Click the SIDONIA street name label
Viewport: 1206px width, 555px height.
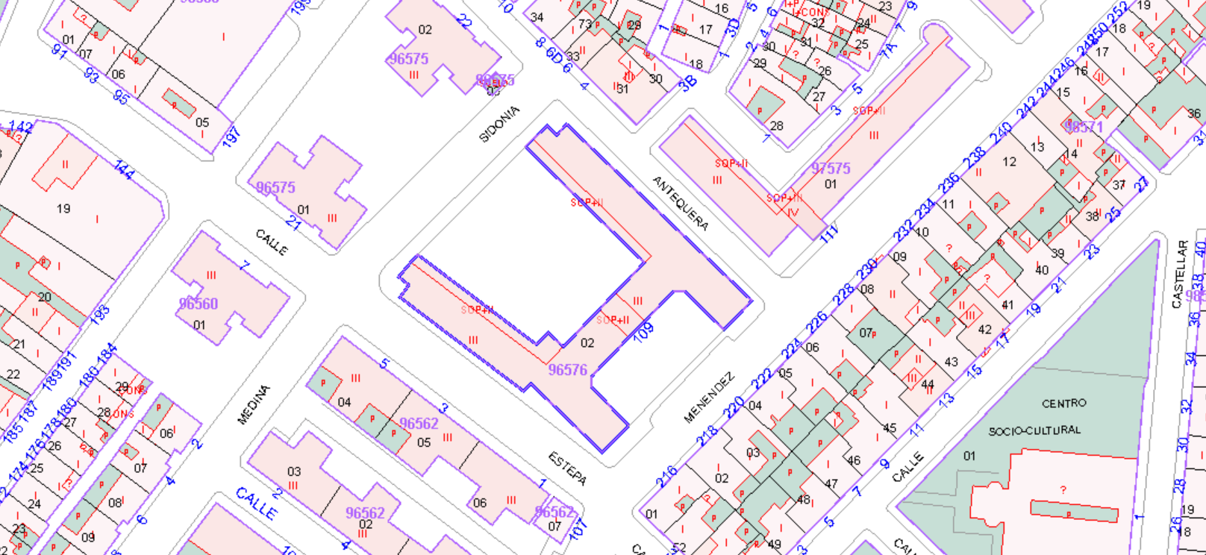coord(499,124)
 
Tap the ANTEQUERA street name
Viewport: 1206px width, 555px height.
coord(680,203)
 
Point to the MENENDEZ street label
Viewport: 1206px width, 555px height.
coord(709,398)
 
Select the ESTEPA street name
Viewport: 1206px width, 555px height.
coord(567,468)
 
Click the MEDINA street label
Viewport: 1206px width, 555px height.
coord(253,405)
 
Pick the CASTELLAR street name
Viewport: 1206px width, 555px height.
coord(1178,274)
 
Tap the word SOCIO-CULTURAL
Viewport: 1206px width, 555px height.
coord(1034,430)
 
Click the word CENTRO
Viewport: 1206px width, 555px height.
coord(1063,403)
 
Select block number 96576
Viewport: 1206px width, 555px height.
coord(567,370)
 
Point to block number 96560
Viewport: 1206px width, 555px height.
coord(198,304)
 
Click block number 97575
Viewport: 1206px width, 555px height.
coord(831,169)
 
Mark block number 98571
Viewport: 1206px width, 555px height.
coord(1084,127)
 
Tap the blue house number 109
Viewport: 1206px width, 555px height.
coord(643,330)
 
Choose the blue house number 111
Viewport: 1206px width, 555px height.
coord(829,233)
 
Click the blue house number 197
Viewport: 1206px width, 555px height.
coord(231,137)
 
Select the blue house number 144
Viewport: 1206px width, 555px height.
coord(124,169)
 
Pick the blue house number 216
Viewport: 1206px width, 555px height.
coord(666,475)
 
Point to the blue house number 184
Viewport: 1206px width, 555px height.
coord(107,354)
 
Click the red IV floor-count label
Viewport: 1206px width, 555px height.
coord(793,212)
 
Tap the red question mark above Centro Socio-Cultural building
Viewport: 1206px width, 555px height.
coord(1063,490)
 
